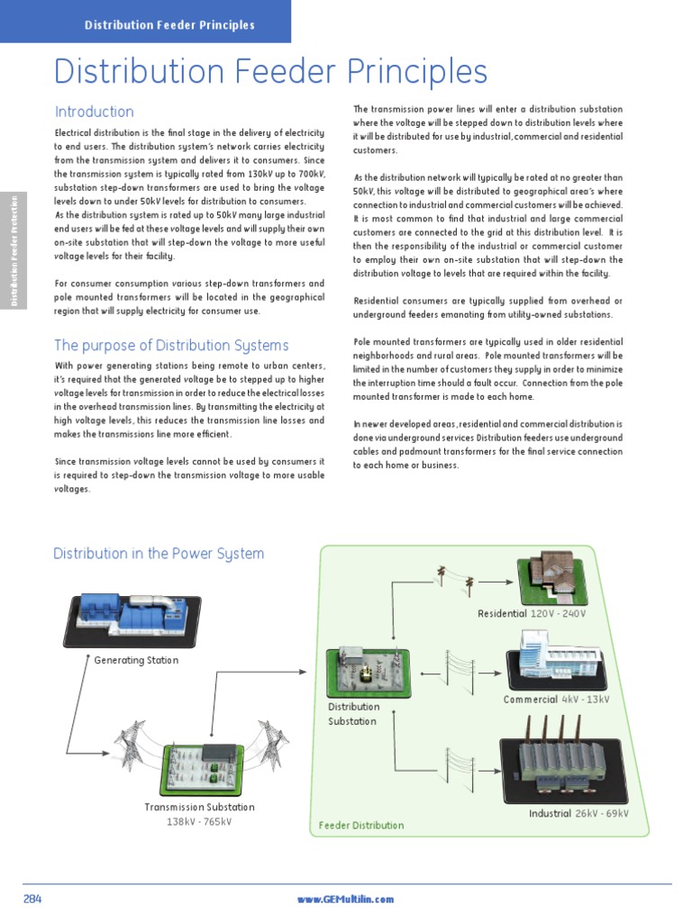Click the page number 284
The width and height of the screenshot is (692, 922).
[32, 899]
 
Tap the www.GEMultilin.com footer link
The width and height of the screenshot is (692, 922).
[345, 899]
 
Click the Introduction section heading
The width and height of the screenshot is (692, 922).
[94, 113]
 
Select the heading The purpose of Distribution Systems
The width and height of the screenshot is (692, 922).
[171, 346]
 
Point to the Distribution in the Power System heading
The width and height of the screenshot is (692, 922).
[159, 554]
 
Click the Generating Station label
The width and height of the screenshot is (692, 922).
[136, 660]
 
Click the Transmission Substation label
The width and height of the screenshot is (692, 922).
[200, 807]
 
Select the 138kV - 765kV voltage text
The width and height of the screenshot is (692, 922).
[200, 821]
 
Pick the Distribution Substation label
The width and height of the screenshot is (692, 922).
[353, 714]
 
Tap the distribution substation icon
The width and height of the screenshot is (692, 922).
[368, 672]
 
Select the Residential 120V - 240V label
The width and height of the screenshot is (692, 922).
[532, 613]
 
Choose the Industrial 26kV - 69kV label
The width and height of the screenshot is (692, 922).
[578, 813]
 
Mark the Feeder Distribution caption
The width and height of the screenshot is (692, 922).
[361, 825]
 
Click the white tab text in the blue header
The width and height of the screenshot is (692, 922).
[169, 25]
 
